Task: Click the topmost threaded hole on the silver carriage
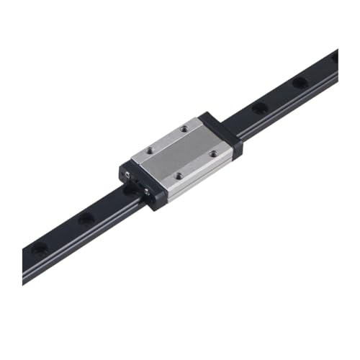coord(184,130)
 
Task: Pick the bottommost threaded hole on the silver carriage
coord(178,174)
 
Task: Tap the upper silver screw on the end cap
coord(130,176)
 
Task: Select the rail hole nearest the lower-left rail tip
coord(40,249)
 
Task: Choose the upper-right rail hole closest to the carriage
coord(258,109)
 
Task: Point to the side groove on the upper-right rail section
coord(288,104)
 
